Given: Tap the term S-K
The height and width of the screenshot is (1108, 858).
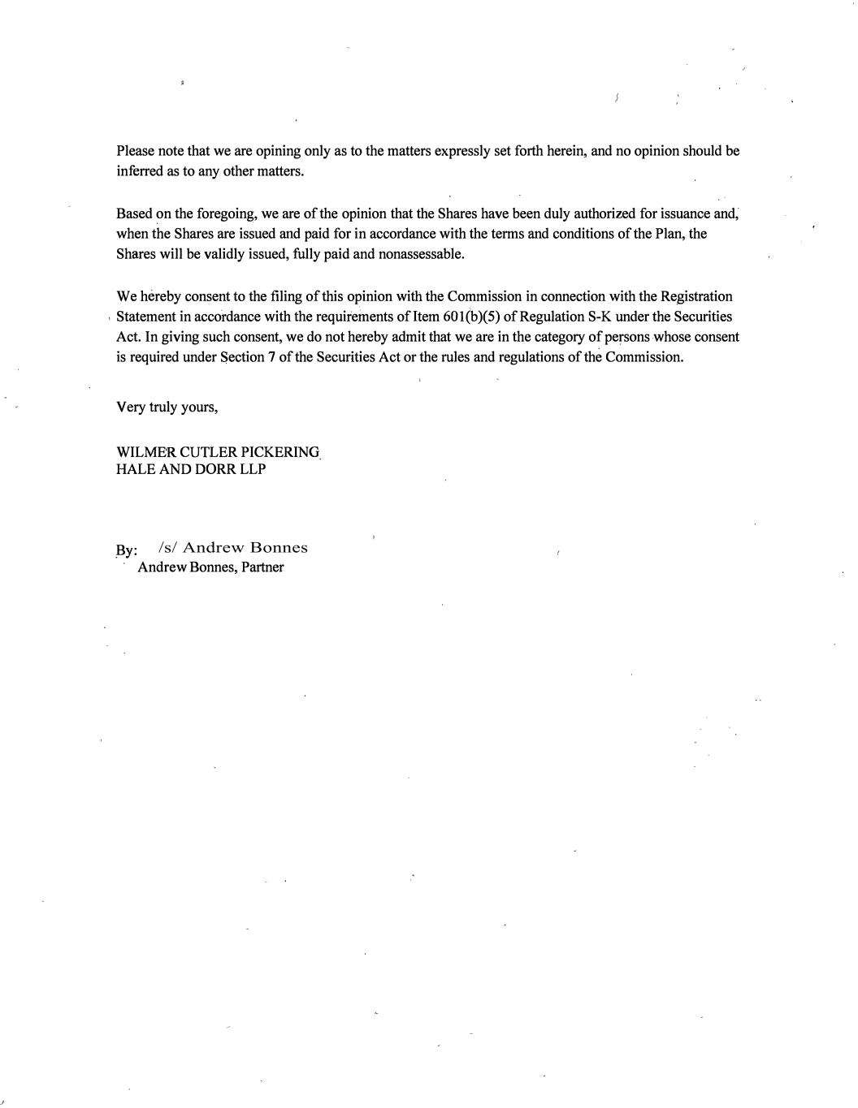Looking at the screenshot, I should [599, 317].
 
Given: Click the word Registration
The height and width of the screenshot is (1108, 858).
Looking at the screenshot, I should [696, 296].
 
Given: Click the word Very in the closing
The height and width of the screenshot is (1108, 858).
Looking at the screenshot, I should [131, 407].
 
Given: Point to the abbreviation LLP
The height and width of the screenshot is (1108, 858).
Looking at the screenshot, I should [252, 469].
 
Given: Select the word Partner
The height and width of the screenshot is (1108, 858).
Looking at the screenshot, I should [262, 567].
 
